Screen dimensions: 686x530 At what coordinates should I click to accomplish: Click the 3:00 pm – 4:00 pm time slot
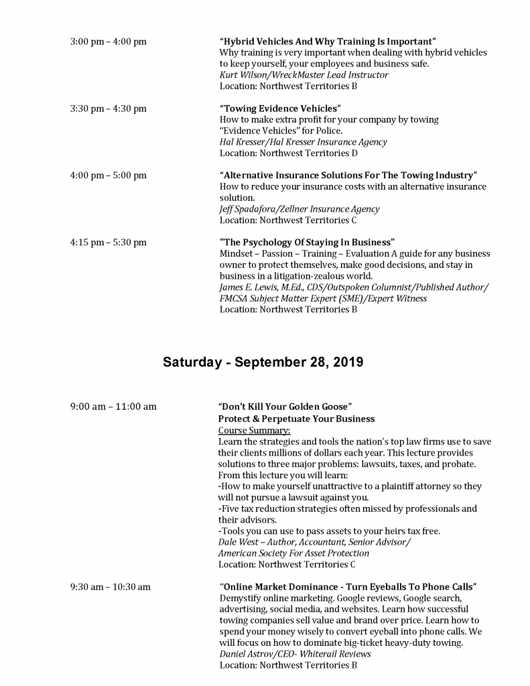pos(108,42)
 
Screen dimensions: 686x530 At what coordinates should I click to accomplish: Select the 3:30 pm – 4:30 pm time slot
pos(108,109)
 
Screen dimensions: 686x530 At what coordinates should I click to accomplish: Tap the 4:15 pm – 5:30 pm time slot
pos(108,243)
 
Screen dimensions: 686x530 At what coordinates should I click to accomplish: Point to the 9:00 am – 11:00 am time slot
pos(113,406)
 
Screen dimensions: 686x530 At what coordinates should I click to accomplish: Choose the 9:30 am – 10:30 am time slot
pos(110,587)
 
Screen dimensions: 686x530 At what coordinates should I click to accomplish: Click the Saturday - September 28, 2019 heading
pos(263,362)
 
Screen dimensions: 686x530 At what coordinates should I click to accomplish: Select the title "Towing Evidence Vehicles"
pos(281,109)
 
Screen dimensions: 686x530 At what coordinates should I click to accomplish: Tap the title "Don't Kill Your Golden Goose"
pos(285,406)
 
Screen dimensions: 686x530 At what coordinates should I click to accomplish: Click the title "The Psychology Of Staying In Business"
pos(307,242)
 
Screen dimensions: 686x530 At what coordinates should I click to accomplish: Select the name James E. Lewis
pos(247,287)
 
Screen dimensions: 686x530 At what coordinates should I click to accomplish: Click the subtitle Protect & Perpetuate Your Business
pos(296,419)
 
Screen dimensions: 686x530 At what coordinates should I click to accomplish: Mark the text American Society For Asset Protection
pos(293,553)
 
